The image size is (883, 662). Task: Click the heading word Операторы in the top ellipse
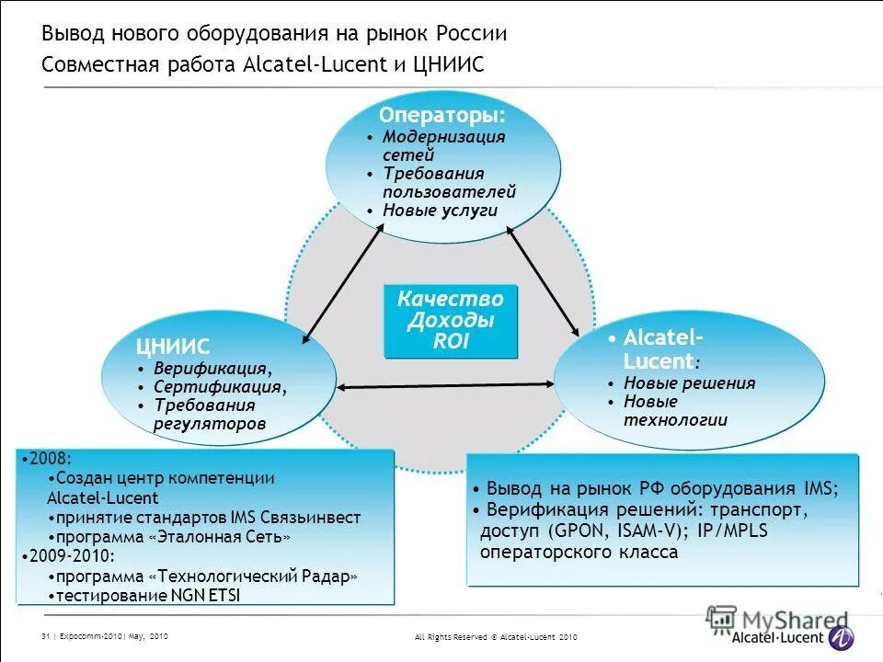(441, 117)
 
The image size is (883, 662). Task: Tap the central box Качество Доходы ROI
(451, 321)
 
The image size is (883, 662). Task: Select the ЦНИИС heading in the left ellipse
(173, 347)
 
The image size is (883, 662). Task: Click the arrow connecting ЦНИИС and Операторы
(343, 284)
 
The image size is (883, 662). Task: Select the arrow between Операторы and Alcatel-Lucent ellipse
(544, 280)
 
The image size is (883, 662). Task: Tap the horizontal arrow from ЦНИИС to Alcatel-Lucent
(445, 386)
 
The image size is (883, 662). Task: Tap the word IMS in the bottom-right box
(820, 489)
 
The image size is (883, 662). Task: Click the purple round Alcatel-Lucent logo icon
(841, 637)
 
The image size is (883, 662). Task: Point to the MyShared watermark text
(790, 621)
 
